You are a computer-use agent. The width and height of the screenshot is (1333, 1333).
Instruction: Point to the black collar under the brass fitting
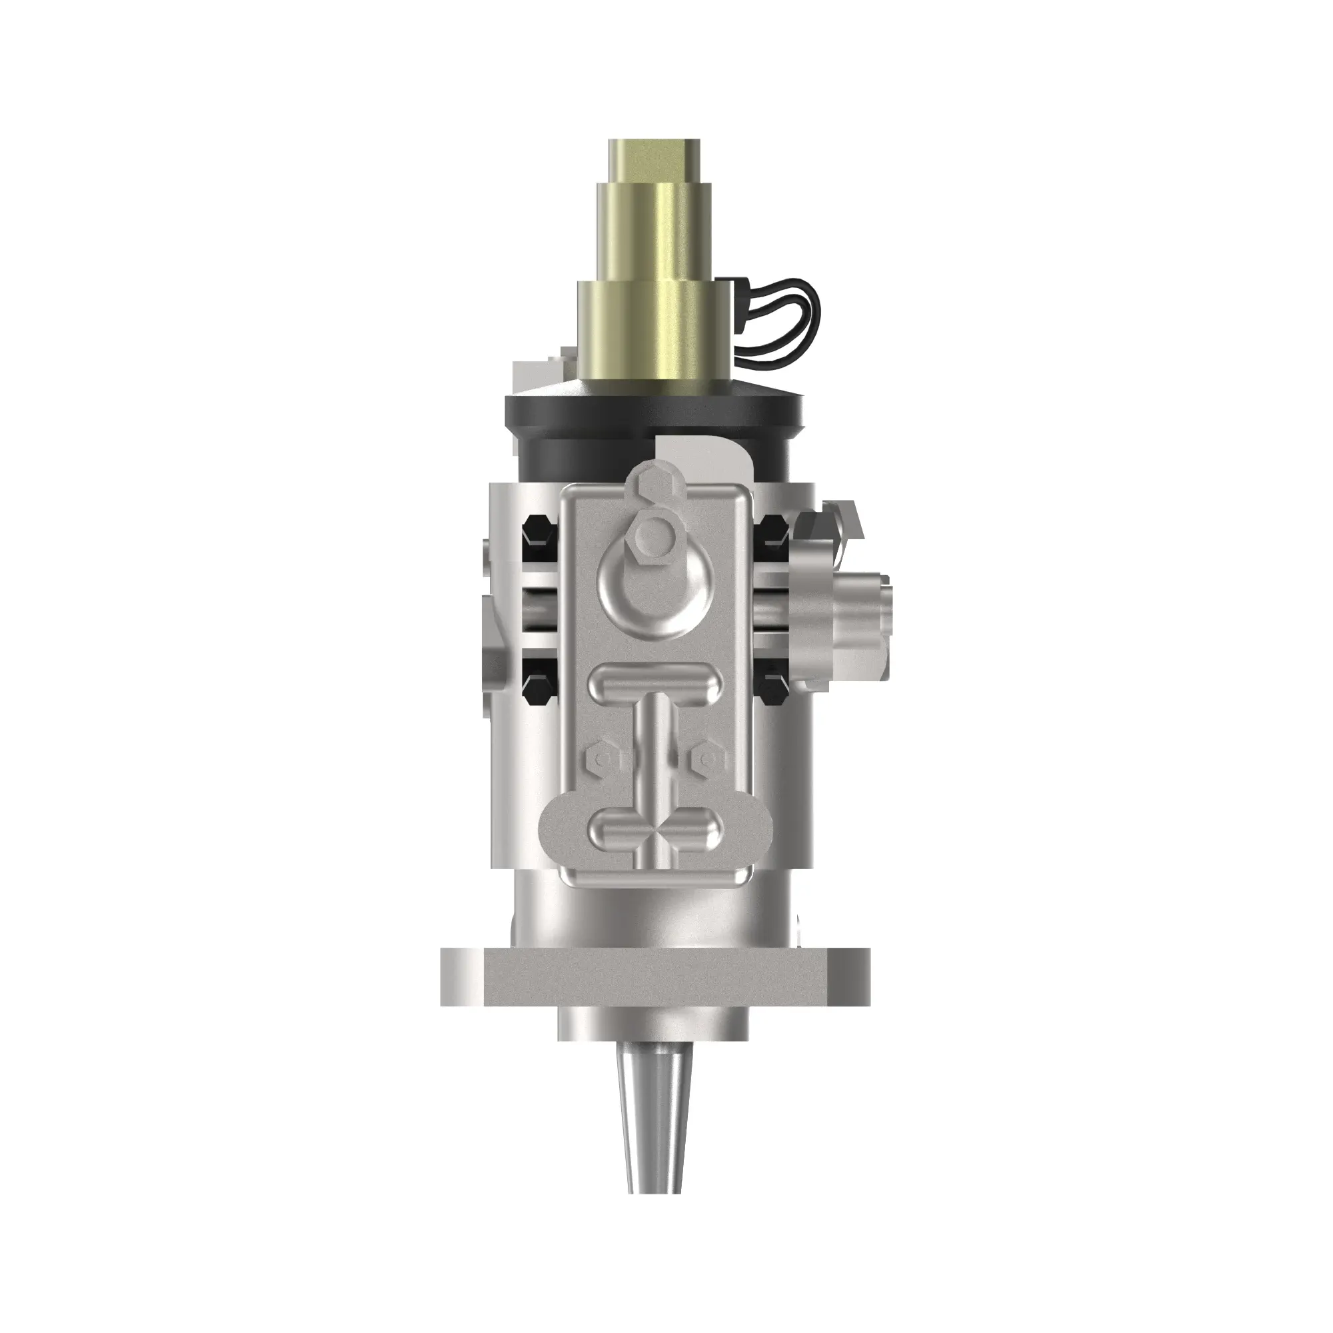click(x=653, y=421)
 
